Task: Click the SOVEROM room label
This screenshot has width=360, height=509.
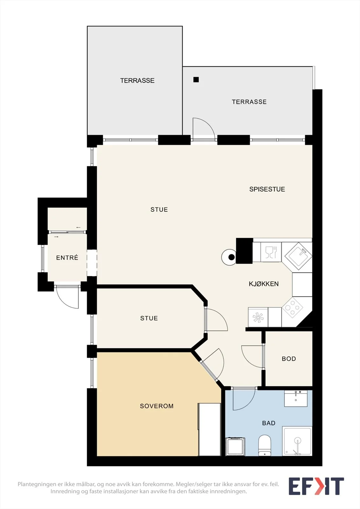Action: (157, 406)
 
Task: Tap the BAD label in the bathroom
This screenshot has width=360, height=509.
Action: (269, 423)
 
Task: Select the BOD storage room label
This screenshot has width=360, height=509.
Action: (289, 359)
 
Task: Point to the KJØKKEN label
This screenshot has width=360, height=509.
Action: (264, 284)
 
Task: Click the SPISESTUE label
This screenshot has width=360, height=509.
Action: (267, 189)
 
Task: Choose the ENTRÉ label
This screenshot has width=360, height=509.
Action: (67, 257)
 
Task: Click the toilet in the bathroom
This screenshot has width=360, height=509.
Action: (265, 445)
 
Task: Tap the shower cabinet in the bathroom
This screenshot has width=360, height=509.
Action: (297, 441)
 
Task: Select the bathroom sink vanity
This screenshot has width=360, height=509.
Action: (296, 399)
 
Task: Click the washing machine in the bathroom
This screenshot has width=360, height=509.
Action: (235, 447)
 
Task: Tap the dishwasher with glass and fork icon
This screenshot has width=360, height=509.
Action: (271, 252)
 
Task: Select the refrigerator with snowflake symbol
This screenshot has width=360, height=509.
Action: (258, 317)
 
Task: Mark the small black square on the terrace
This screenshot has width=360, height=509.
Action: (196, 80)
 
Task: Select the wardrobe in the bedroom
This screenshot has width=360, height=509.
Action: (209, 429)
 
